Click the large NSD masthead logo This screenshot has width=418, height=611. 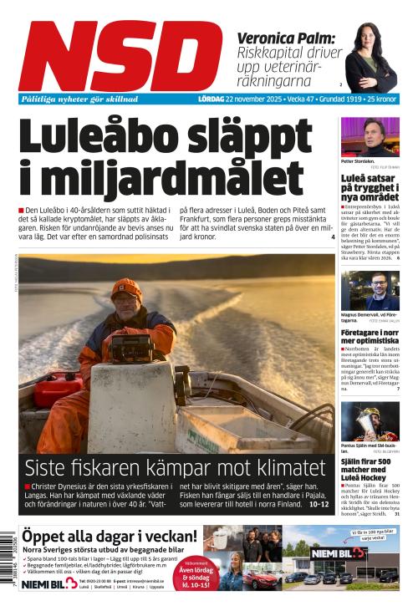click(120, 56)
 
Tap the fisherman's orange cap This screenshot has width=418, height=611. click(125, 288)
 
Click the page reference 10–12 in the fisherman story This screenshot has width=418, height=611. click(319, 505)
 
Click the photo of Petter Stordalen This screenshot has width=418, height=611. click(370, 136)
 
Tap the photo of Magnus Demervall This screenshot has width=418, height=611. click(370, 288)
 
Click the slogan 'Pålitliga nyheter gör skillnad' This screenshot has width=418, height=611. click(80, 99)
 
